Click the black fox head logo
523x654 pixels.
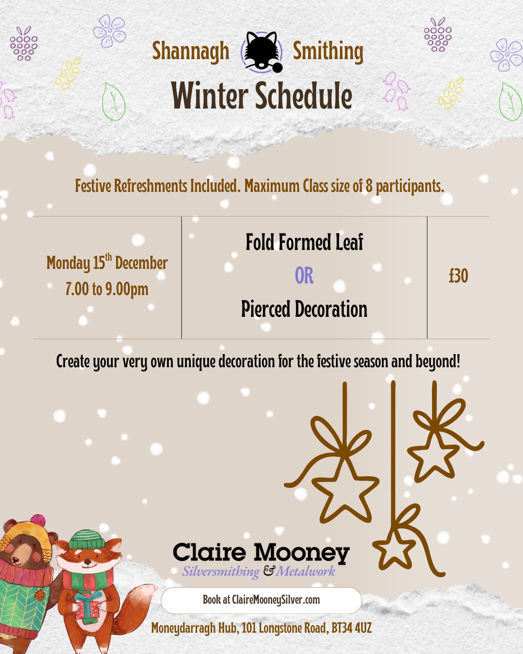(x=261, y=52)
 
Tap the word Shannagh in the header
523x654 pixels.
(x=191, y=52)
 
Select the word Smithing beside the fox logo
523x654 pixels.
(x=328, y=52)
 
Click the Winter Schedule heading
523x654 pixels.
(x=261, y=96)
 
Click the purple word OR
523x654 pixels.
(x=304, y=275)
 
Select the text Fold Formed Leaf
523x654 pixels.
(x=304, y=242)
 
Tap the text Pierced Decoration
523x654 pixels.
(x=304, y=309)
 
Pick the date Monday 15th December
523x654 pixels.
(x=107, y=262)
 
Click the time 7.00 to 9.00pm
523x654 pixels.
(x=107, y=289)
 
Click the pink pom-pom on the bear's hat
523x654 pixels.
(x=38, y=521)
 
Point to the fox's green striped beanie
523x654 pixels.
(x=87, y=539)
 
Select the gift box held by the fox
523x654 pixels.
(x=88, y=605)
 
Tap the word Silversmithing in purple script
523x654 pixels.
(x=221, y=572)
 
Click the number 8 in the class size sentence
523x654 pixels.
(x=369, y=185)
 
